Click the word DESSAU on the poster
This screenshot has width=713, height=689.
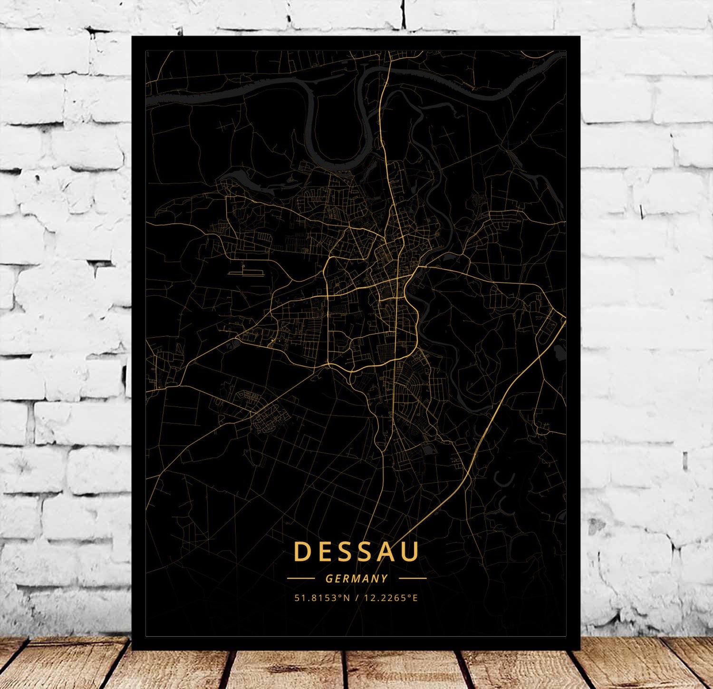click(356, 551)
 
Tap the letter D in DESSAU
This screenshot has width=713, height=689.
click(302, 551)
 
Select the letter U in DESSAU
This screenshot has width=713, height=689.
click(411, 552)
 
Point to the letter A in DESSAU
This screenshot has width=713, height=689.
click(389, 551)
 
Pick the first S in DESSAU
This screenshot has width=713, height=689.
click(345, 551)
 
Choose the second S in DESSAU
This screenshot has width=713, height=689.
click(366, 551)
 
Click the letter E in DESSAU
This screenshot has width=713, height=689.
click(324, 551)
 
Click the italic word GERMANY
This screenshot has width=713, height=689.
click(356, 579)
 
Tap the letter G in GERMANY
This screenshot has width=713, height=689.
click(329, 579)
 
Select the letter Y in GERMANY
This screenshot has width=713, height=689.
click(385, 579)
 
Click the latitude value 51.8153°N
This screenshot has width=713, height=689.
click(322, 598)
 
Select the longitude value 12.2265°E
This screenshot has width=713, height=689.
click(391, 598)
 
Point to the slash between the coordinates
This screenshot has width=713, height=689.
click(356, 598)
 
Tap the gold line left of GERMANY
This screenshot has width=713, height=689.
click(301, 578)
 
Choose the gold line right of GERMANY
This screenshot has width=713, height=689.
click(413, 578)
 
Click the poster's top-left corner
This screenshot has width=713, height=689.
click(133, 37)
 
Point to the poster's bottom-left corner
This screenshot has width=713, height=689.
click(133, 649)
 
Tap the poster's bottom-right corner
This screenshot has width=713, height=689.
click(579, 649)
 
